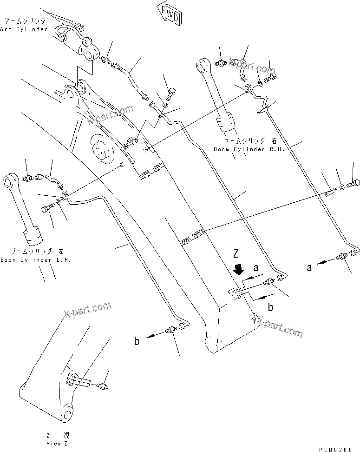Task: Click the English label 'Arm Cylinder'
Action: [x=24, y=29]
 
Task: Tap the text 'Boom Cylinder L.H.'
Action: [x=35, y=260]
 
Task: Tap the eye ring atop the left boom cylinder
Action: [x=11, y=179]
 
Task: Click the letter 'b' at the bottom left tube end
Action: [x=137, y=341]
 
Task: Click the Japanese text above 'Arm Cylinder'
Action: [x=24, y=21]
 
